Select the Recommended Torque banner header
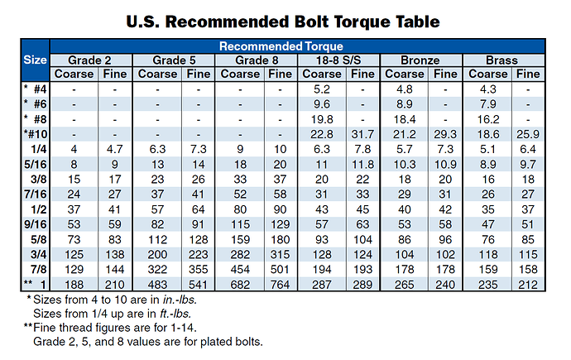coord(297,46)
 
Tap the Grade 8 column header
coord(256,60)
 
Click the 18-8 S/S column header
coord(338,60)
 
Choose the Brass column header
coord(503,60)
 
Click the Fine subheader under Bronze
coord(445,74)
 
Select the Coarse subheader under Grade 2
coord(74,74)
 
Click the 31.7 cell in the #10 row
coord(363,133)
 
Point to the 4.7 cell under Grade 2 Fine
coord(116,148)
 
